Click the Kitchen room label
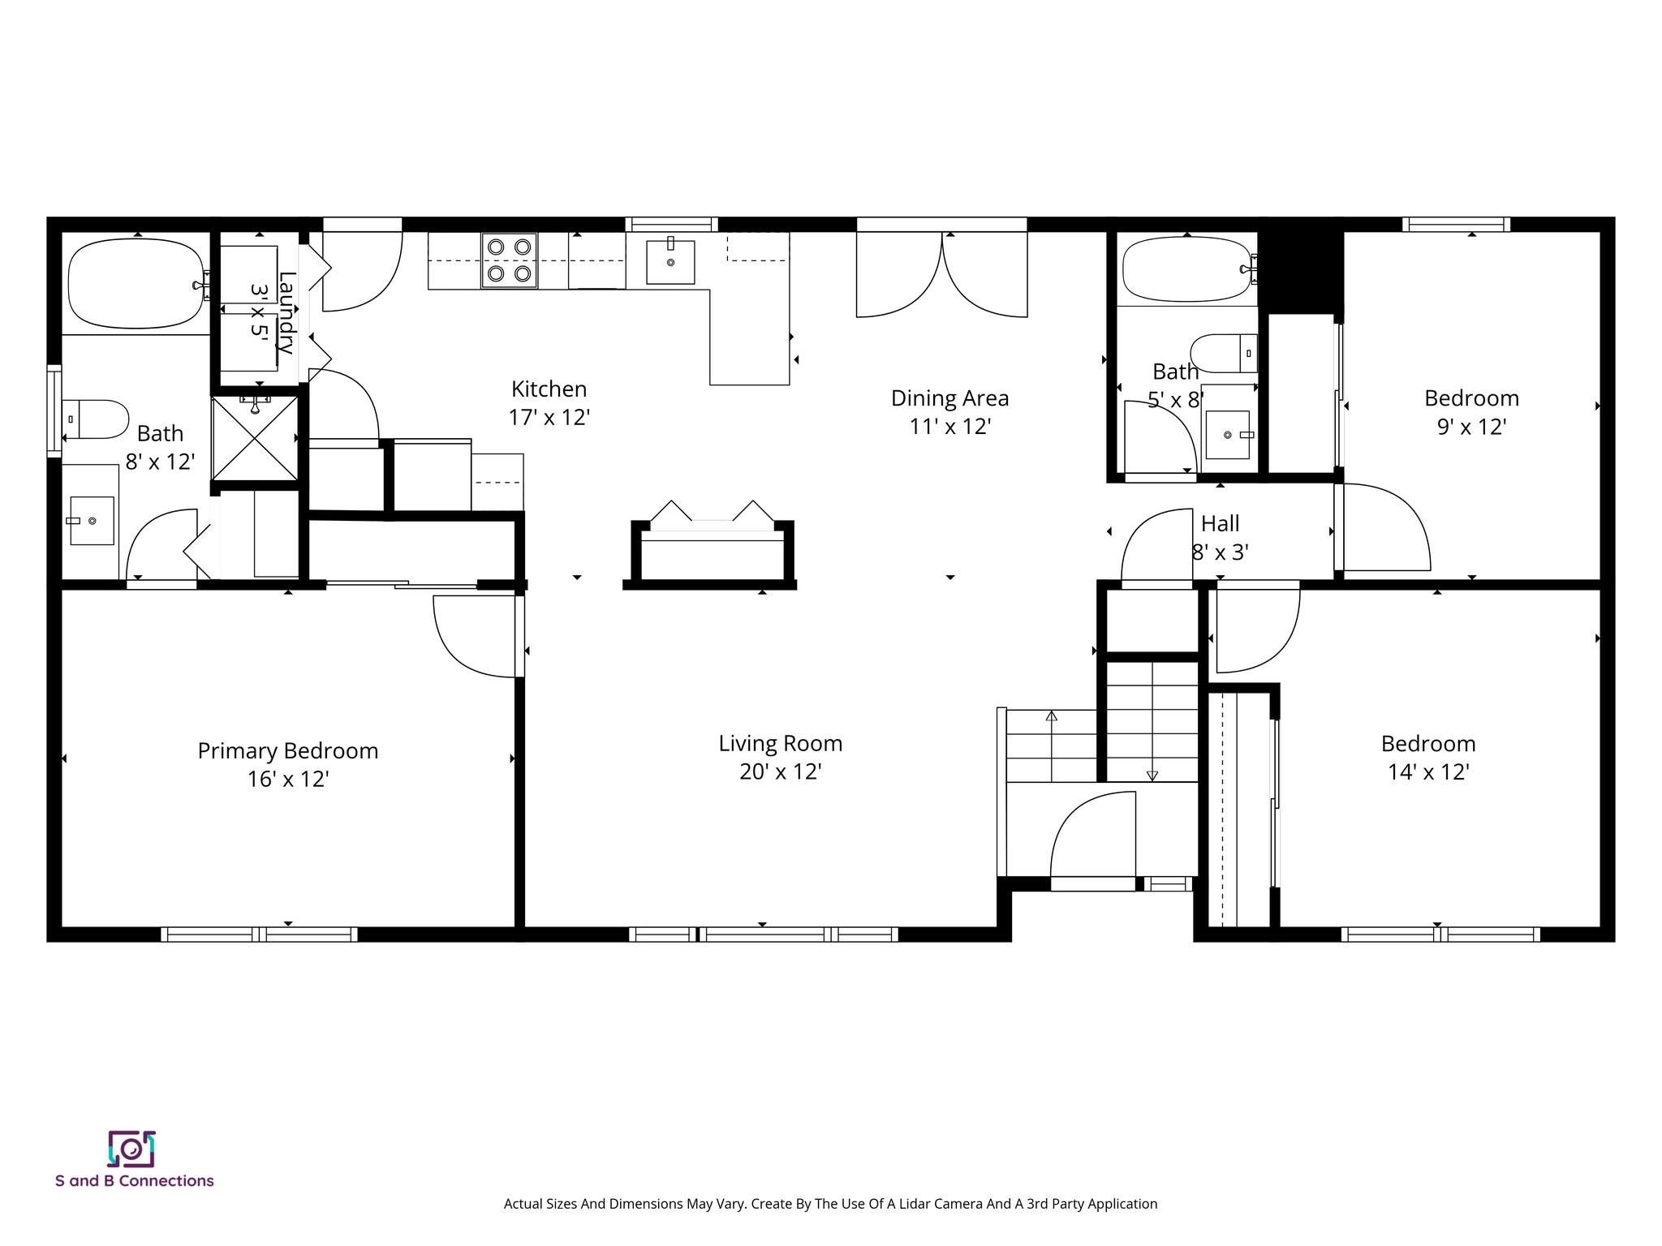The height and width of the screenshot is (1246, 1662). pos(549,389)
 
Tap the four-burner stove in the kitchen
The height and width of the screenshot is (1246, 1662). pos(509,260)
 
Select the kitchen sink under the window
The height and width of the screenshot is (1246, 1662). pos(670,261)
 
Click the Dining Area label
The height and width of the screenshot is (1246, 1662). pos(949,398)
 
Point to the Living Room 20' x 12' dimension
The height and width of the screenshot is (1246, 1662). pos(780,771)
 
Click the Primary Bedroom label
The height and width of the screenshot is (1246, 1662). pos(288,751)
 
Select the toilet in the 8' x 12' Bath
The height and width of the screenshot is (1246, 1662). pos(96,419)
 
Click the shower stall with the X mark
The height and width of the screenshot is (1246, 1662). pos(256,439)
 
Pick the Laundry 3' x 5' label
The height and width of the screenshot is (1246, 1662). pos(273,312)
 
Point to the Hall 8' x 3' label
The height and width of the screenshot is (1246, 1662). pos(1220,537)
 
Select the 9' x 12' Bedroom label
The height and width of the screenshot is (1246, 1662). pos(1471,398)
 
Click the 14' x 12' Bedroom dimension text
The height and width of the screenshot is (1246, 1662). pos(1428,771)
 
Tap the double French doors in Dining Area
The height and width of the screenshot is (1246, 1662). pos(942,276)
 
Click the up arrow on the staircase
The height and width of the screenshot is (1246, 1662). pos(1052,717)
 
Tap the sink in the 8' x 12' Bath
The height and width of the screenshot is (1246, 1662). pos(91,520)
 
